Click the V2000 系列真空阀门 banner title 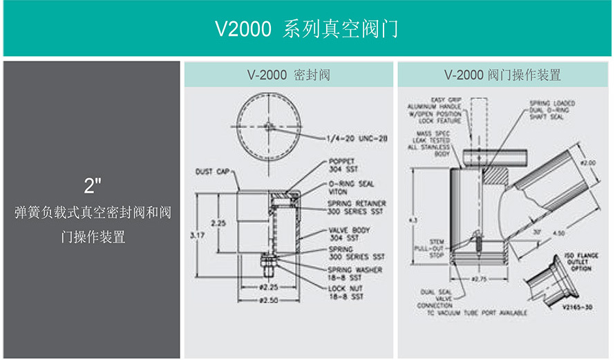[307, 29]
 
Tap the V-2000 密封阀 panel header [288, 75]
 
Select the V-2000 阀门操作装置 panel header [502, 75]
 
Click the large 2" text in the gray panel [93, 185]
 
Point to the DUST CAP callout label [214, 170]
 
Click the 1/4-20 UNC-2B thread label [357, 138]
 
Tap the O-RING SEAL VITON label [351, 187]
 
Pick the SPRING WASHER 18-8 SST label [354, 273]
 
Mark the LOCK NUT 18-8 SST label [344, 291]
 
